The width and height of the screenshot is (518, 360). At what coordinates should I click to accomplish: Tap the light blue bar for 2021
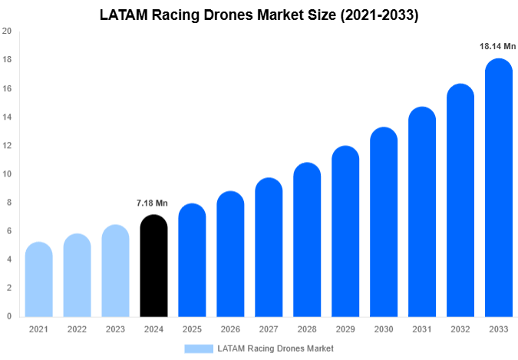tap(38, 279)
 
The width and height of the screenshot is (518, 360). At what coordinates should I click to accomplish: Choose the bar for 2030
tap(384, 222)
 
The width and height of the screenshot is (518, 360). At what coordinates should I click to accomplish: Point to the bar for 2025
tap(192, 260)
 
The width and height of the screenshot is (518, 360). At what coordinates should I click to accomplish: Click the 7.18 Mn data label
tap(152, 203)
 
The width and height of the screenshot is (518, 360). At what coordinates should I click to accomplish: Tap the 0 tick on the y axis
tap(8, 316)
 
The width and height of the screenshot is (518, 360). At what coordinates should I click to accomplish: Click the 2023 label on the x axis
tap(115, 329)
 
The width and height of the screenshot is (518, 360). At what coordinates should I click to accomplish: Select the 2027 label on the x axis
tap(269, 329)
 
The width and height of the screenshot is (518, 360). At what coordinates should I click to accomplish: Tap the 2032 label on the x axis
tap(460, 329)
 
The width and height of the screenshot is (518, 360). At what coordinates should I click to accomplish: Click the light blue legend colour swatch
tap(198, 348)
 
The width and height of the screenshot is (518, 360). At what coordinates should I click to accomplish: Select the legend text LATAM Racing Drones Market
tap(275, 348)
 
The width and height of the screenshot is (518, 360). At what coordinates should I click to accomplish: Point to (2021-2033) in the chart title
tap(376, 14)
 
